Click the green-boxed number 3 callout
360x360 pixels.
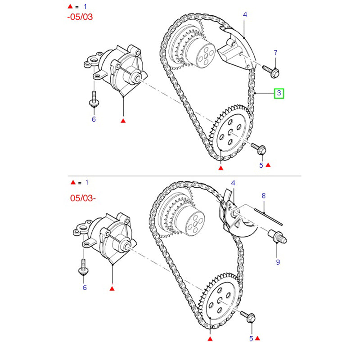(279, 94)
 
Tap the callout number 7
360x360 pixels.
(276, 53)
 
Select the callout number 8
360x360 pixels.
(264, 196)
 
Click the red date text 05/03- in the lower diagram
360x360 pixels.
(82, 198)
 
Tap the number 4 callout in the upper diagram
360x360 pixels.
(245, 15)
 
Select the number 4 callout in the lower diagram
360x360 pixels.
(233, 183)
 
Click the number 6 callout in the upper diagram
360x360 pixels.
(94, 119)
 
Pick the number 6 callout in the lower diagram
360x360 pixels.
(85, 287)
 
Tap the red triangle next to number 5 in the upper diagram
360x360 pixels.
(268, 165)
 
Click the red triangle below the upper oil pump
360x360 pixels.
(123, 121)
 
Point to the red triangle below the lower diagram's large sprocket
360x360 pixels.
(210, 337)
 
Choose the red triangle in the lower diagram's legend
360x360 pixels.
(73, 183)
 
